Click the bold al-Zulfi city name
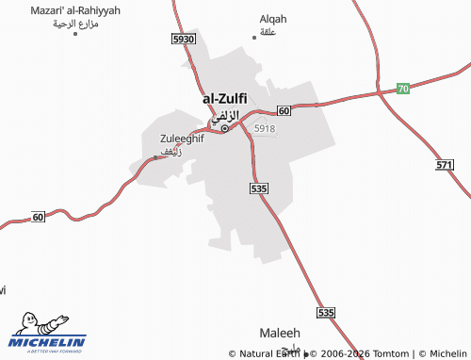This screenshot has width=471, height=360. (x=224, y=98)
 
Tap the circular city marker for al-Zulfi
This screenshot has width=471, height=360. (x=224, y=127)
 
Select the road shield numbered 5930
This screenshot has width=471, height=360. (x=184, y=39)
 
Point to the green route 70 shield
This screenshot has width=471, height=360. (x=402, y=88)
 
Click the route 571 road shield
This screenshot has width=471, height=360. (x=446, y=165)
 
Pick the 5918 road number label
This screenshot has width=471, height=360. (x=265, y=128)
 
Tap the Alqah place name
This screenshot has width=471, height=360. (x=272, y=18)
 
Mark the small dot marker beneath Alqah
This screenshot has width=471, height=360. (x=253, y=37)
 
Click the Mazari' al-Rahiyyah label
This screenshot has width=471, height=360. (x=75, y=9)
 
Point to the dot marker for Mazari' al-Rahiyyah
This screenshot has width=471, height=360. (x=74, y=33)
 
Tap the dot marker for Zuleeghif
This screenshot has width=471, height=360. (x=155, y=157)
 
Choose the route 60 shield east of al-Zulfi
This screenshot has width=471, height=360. (x=284, y=111)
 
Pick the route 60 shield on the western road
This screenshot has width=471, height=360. (x=38, y=217)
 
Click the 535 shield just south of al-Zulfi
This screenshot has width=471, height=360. (x=260, y=189)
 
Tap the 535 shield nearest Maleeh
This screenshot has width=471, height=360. (x=326, y=312)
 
